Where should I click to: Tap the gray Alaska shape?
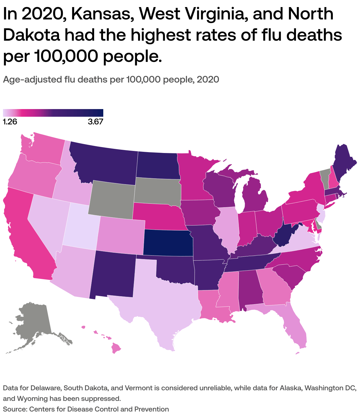(32, 324)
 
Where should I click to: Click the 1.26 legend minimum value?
(10, 122)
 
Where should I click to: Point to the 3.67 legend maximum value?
(95, 122)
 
